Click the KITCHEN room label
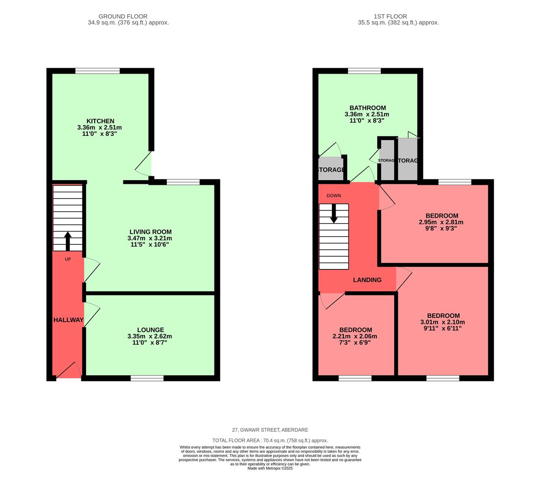(x=100, y=121)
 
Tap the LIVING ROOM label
(x=150, y=232)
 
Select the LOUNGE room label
(x=150, y=330)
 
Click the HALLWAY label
(x=68, y=320)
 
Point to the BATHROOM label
(x=368, y=108)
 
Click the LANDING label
(x=367, y=280)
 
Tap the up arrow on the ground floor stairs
(x=68, y=241)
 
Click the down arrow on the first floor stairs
(x=334, y=214)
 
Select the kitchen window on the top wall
(x=97, y=70)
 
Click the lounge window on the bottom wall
(x=147, y=378)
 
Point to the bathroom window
(x=364, y=70)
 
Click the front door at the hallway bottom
(x=69, y=372)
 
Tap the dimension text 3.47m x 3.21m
(x=150, y=238)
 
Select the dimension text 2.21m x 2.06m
(x=355, y=336)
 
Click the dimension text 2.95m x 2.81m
(x=441, y=222)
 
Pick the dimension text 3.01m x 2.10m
(x=443, y=322)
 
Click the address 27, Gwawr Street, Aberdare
(x=270, y=430)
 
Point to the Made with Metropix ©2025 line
(x=270, y=468)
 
